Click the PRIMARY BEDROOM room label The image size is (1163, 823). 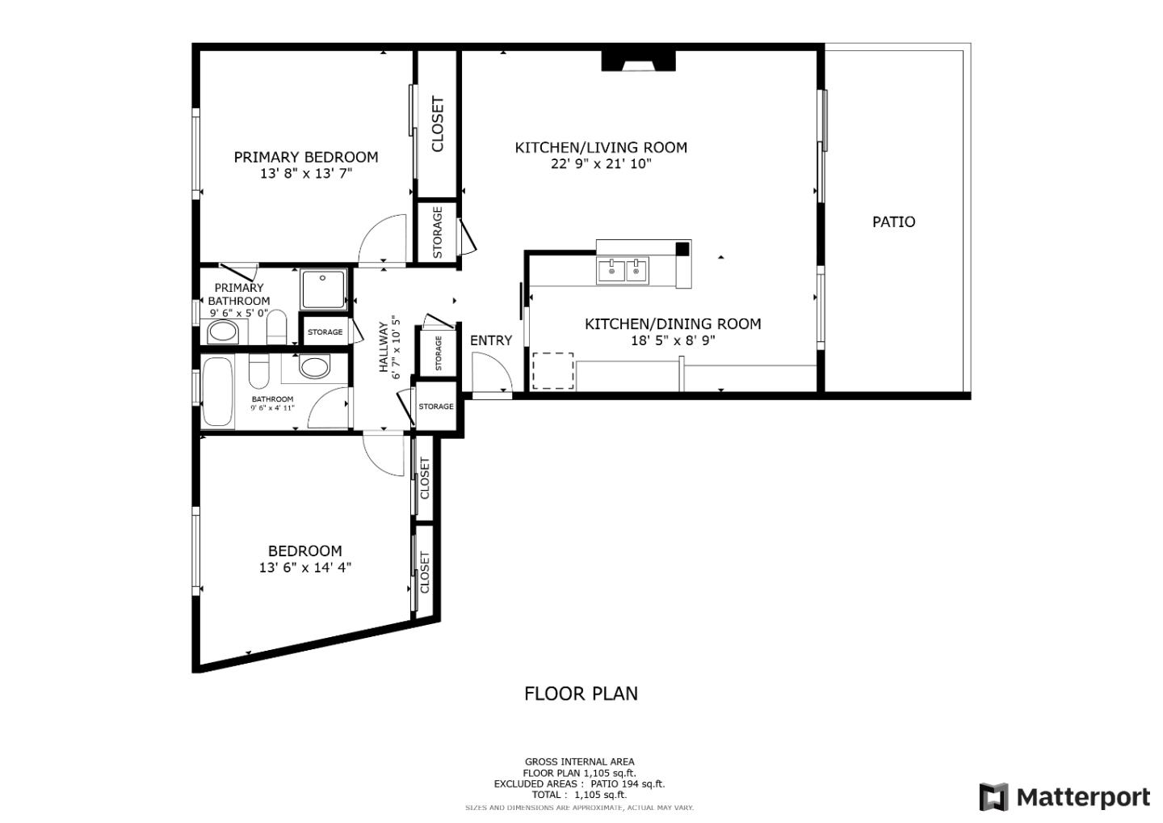305,157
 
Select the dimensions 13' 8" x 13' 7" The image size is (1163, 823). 305,173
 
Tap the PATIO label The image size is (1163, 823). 893,222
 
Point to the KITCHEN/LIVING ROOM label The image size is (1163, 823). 601,147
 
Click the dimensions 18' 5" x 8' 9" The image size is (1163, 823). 673,340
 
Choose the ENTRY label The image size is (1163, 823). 491,340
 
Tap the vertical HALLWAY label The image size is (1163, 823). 384,348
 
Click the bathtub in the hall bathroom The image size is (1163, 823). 218,391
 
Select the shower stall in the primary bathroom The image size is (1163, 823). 323,289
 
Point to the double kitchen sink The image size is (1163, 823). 623,270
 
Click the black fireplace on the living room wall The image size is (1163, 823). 638,61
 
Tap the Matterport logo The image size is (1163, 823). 1064,797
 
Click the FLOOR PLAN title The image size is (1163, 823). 581,694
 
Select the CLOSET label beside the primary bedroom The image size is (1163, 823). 438,125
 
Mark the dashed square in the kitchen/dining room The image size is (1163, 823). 552,371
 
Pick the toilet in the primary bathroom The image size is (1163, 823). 276,326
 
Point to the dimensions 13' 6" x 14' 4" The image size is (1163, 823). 304,568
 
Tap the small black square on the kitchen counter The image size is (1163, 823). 682,249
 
